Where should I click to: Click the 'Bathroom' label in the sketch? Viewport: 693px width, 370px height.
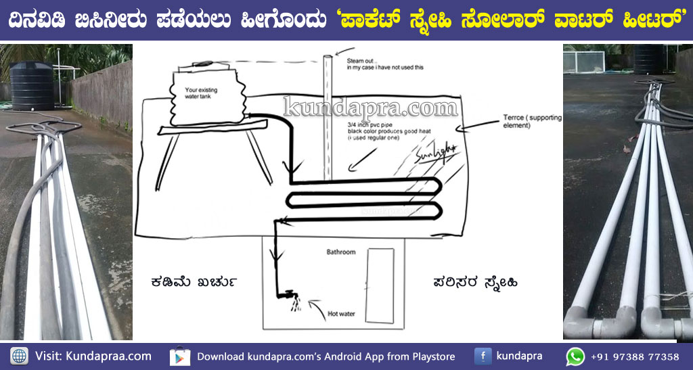pos(341,252)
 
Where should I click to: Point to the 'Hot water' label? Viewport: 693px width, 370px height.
pos(342,313)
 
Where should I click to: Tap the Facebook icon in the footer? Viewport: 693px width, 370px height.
pos(483,356)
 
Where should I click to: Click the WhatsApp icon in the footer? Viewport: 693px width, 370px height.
pos(575,356)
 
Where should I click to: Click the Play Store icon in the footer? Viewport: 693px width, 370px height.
pos(179,356)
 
